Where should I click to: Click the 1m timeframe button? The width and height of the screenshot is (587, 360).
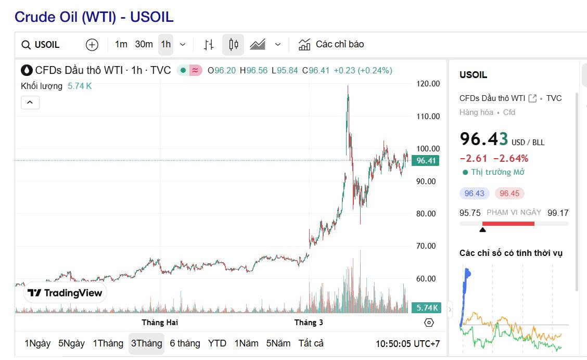[121, 44]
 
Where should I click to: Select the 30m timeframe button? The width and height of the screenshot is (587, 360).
[144, 44]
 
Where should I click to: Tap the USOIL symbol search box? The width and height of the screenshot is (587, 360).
[47, 45]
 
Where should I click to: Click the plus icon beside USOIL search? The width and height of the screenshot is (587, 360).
[92, 45]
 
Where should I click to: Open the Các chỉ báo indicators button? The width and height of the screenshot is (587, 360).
[331, 44]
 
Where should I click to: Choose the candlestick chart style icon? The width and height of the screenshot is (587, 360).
[233, 45]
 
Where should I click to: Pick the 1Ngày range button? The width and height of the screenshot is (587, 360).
[37, 343]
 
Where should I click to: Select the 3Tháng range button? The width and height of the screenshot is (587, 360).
[146, 343]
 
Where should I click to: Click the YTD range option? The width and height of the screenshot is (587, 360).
[217, 343]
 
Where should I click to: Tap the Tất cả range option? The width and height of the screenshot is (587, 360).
[311, 343]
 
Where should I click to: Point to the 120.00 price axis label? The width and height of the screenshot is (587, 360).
[428, 84]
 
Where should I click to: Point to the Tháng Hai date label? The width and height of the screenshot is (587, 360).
[160, 323]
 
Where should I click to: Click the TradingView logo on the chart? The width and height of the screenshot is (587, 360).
[65, 293]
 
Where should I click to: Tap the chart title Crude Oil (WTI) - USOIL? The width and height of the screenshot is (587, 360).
[94, 17]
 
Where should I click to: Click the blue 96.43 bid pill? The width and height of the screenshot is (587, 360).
[474, 194]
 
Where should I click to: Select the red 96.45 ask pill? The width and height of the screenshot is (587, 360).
[509, 194]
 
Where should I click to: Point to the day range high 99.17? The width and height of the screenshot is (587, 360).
[558, 213]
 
